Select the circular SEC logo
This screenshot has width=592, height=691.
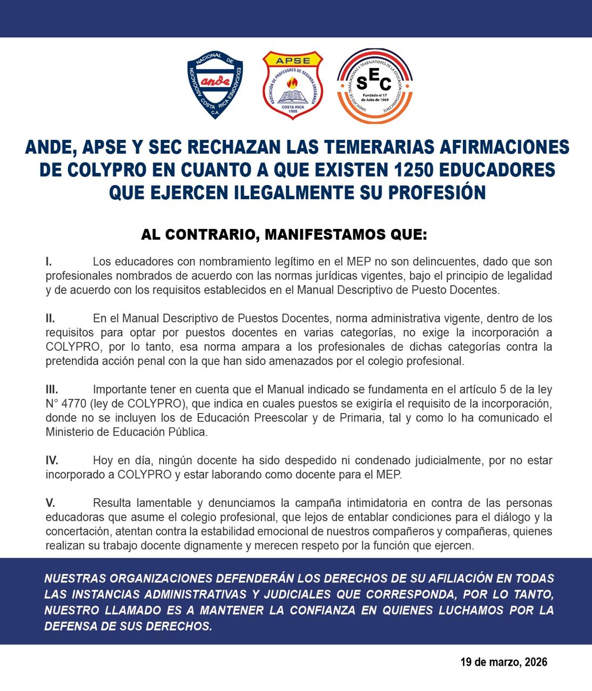374,85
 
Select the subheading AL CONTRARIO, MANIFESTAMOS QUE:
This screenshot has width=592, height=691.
284,235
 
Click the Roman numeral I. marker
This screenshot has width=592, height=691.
49,262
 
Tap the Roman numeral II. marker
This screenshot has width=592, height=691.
50,319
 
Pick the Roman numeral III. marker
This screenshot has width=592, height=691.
52,389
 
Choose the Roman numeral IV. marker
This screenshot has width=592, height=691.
52,460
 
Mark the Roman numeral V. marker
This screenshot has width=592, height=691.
50,503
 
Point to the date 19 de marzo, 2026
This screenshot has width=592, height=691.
504,662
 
